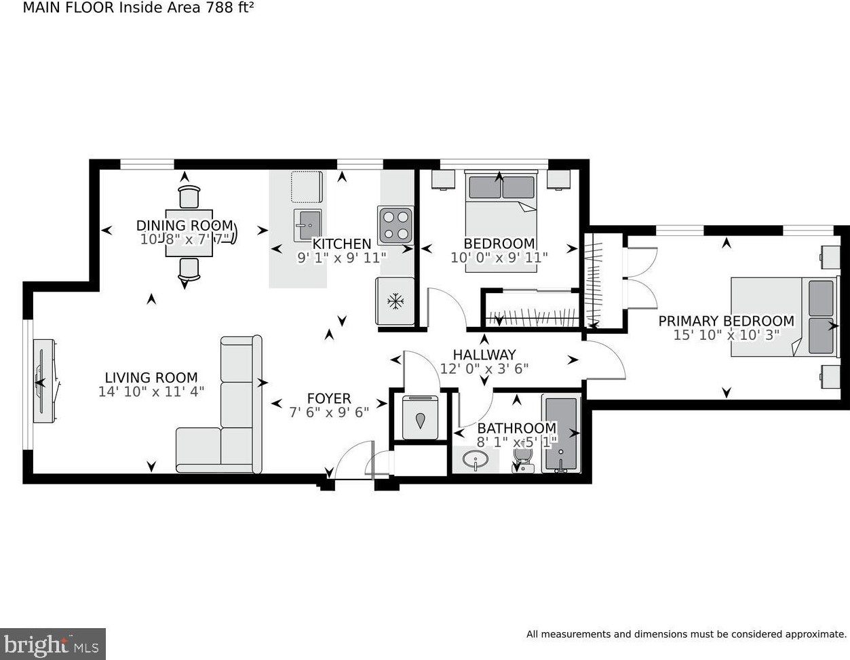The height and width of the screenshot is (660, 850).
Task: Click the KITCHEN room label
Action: (341, 244)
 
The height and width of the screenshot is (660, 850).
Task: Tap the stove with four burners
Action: (395, 225)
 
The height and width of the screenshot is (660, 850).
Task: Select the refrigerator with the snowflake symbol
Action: (395, 301)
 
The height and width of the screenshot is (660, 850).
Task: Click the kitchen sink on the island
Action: (307, 223)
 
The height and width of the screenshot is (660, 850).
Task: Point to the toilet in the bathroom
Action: (522, 462)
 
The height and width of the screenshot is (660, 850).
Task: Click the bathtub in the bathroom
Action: (561, 434)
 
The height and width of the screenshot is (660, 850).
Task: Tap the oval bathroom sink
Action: (476, 462)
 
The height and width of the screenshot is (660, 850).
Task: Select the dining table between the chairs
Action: (189, 233)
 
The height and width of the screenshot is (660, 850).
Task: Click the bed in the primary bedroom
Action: (783, 316)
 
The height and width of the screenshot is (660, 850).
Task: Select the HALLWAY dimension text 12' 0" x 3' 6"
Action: (484, 368)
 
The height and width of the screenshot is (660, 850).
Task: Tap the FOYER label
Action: (329, 398)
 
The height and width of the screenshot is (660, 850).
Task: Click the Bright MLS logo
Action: (53, 642)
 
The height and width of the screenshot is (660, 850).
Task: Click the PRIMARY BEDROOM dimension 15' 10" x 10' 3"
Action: (726, 334)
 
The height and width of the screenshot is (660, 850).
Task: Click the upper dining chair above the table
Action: (189, 197)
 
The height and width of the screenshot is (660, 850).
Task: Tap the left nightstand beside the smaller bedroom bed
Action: (442, 180)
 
